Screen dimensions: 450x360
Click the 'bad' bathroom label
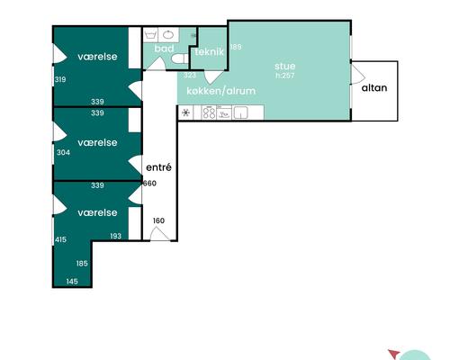(164, 49)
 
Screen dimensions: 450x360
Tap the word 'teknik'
(209, 52)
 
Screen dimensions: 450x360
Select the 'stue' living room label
(285, 66)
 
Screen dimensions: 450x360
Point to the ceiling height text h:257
(285, 76)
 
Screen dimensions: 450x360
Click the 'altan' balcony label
(374, 88)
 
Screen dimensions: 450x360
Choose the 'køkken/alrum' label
(221, 91)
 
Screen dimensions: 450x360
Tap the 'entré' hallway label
(158, 167)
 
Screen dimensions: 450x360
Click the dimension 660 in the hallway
(149, 183)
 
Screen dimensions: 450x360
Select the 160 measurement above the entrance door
(158, 220)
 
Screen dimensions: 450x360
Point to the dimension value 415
(60, 239)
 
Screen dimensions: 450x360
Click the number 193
(115, 236)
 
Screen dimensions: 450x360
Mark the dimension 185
(82, 264)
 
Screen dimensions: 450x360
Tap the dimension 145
(72, 281)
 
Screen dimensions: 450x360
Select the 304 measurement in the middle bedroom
(63, 152)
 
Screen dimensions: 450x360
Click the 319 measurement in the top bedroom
(60, 79)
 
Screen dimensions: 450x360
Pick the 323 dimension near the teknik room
(190, 75)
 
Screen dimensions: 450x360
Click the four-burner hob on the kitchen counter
(209, 112)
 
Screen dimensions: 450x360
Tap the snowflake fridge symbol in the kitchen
(186, 112)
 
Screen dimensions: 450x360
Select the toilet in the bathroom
(180, 58)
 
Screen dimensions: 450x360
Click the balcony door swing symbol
(358, 75)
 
